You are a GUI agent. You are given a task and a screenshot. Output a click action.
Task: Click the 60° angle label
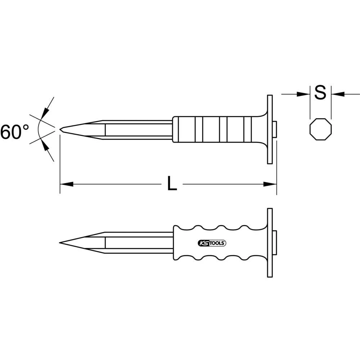pos(15,132)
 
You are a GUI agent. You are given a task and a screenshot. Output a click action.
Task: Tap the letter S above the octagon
pos(320,93)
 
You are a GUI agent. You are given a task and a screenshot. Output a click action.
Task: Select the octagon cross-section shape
pos(320,129)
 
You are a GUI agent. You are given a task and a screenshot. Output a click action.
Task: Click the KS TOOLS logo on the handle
pos(212,243)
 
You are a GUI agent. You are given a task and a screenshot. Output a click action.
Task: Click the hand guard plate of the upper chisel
pos(270,130)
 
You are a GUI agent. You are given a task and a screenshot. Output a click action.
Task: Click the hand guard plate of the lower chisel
pos(270,243)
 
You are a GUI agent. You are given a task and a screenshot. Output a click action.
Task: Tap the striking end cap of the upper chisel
pos(275,130)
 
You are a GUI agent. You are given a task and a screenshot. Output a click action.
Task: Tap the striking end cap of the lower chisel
pos(275,243)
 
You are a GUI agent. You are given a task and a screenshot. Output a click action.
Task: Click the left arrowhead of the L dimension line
pos(66,184)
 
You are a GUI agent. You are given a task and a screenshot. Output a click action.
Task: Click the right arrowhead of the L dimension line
pos(270,184)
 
